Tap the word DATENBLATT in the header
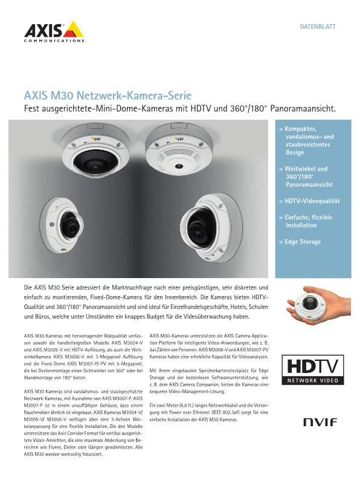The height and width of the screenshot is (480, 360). coord(318,27)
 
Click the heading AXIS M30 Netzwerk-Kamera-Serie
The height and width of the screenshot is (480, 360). coord(108,96)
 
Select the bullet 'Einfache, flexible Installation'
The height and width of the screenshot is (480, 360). coord(308,221)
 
